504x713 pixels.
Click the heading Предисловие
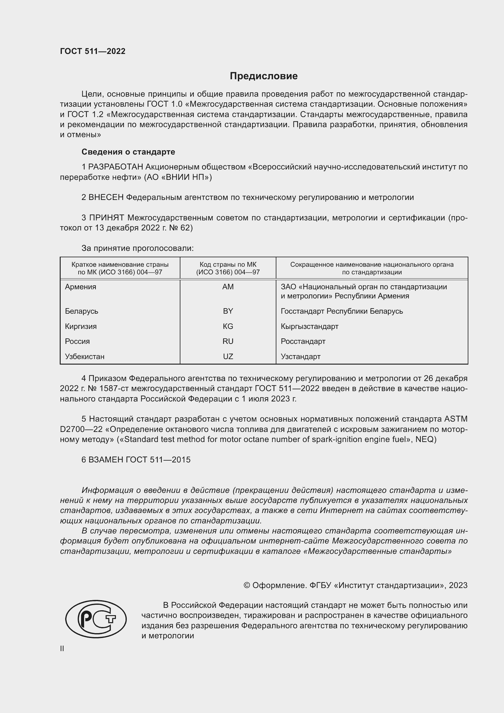pos(264,76)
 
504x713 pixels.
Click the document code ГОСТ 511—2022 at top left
pos(93,51)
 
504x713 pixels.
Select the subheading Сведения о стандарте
pos(128,152)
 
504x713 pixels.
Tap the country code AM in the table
pos(228,287)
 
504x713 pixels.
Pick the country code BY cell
pos(228,311)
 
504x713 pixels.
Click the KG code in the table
pos(228,326)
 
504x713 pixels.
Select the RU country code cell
pos(228,341)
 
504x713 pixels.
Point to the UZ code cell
pos(228,357)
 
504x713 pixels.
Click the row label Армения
pos(80,287)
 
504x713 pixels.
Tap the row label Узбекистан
pos(84,357)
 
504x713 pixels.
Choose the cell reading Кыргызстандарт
pos(309,326)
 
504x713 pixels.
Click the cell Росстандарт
pos(303,341)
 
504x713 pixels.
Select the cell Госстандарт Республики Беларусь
pos(342,311)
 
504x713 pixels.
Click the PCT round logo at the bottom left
pos(96,619)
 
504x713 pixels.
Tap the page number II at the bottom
pos(62,648)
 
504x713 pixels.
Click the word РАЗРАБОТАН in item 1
pos(115,167)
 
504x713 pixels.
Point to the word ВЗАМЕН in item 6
pos(106,460)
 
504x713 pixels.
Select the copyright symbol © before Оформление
pos(247,585)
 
